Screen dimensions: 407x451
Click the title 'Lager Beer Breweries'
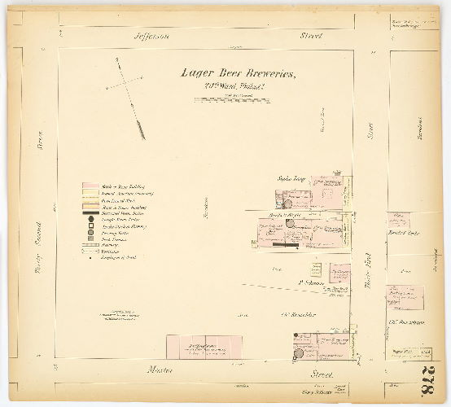(239, 74)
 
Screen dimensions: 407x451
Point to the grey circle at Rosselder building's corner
(299, 351)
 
